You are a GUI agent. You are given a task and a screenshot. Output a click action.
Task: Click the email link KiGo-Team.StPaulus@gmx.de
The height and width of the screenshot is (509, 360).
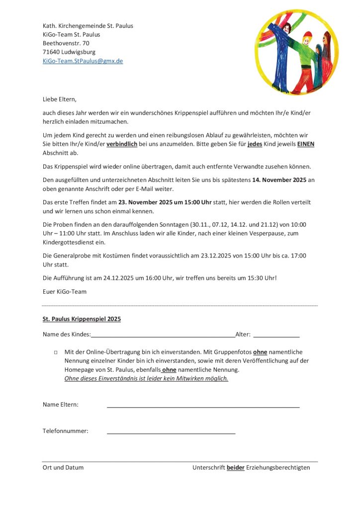click(x=83, y=61)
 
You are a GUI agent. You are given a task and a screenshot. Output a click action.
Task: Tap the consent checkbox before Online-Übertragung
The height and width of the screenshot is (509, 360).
click(x=56, y=352)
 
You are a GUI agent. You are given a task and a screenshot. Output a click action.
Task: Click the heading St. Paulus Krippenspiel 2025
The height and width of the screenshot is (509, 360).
click(x=82, y=319)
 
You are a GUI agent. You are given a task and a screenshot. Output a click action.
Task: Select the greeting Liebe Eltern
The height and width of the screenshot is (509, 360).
click(x=60, y=99)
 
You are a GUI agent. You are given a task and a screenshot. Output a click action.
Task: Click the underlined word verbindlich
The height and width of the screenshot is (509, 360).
click(x=122, y=144)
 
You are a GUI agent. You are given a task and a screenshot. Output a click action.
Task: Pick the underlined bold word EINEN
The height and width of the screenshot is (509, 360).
click(x=306, y=144)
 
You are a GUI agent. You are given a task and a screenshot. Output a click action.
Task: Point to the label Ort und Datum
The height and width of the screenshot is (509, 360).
click(x=63, y=467)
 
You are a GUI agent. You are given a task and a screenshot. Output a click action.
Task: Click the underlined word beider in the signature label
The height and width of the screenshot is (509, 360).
click(x=236, y=467)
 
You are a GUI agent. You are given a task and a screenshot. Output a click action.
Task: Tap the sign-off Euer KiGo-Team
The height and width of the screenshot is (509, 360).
click(x=65, y=291)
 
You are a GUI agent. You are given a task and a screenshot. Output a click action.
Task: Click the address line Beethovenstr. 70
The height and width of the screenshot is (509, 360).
click(x=66, y=43)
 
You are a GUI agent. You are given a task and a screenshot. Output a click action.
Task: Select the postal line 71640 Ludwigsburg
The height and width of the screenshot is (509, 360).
click(x=69, y=52)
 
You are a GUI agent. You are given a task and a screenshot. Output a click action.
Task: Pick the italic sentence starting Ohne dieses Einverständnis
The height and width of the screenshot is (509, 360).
click(x=146, y=378)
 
